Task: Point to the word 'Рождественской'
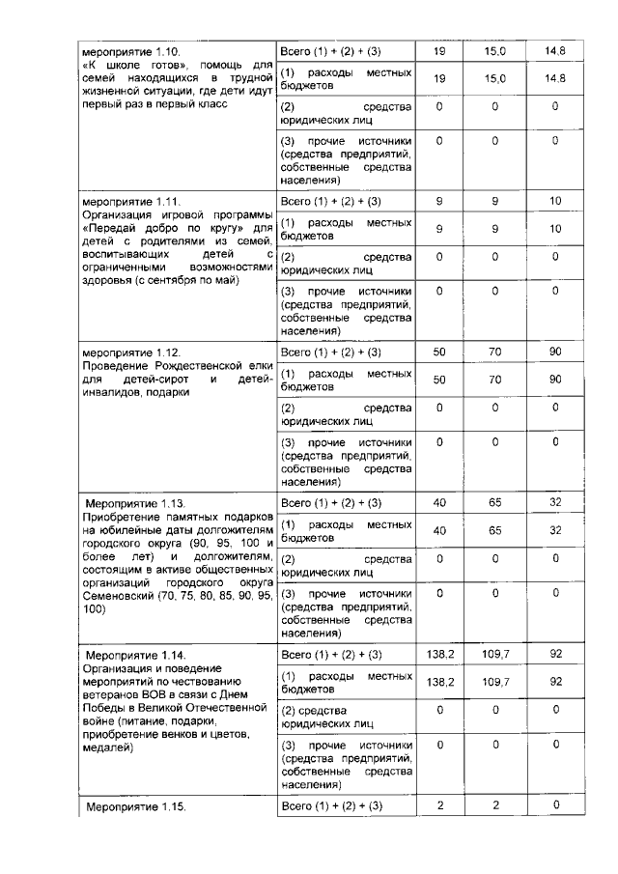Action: point(201,366)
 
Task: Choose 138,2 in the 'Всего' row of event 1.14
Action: point(440,654)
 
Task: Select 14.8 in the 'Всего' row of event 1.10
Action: point(554,50)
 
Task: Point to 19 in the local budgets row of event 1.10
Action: point(440,77)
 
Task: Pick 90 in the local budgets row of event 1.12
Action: point(555,380)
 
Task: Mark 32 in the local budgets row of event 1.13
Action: point(555,530)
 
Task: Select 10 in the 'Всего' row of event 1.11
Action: point(555,202)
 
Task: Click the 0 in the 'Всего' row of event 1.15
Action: point(555,805)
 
